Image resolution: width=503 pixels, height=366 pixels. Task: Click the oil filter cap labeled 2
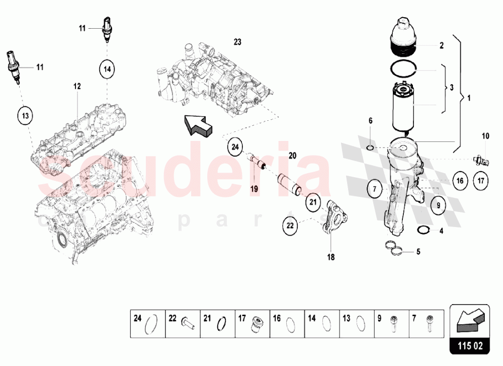pyautogui.click(x=402, y=37)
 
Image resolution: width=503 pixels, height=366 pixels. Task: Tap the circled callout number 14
pyautogui.click(x=107, y=69)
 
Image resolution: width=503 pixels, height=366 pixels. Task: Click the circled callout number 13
pyautogui.click(x=25, y=116)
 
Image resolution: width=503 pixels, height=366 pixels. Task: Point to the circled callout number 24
pyautogui.click(x=235, y=147)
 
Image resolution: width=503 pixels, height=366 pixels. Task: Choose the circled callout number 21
pyautogui.click(x=313, y=202)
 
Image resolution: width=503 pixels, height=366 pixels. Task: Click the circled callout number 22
pyautogui.click(x=290, y=226)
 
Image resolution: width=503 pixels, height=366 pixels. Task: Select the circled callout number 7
pyautogui.click(x=375, y=189)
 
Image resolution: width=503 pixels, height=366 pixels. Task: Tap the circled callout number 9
pyautogui.click(x=439, y=205)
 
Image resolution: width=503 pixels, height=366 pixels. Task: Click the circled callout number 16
pyautogui.click(x=460, y=181)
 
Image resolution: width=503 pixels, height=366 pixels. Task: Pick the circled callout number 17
pyautogui.click(x=481, y=181)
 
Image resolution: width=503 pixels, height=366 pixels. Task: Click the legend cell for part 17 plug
pyautogui.click(x=253, y=324)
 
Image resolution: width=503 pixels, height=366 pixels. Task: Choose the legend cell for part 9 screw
pyautogui.click(x=392, y=324)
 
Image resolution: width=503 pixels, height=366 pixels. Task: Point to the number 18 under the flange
pyautogui.click(x=331, y=257)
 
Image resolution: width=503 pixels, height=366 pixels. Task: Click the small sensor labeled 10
pyautogui.click(x=481, y=160)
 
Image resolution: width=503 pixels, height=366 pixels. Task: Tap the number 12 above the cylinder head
pyautogui.click(x=77, y=87)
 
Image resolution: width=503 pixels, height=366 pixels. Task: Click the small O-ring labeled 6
pyautogui.click(x=370, y=148)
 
